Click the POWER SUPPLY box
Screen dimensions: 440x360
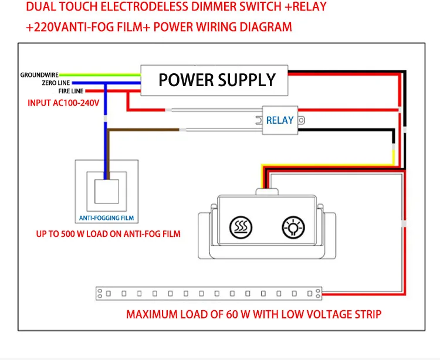214,80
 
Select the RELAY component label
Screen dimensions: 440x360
280,120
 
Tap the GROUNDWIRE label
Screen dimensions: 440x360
39,75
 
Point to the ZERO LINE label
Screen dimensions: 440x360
56,83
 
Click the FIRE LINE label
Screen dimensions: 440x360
71,91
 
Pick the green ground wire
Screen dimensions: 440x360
100,75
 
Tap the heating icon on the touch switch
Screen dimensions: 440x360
241,227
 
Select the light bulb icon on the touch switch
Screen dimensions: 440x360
293,227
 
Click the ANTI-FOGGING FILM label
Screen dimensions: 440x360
106,218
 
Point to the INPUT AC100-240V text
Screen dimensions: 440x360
63,103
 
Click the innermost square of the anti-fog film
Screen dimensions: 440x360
107,192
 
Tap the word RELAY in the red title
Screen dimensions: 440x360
310,6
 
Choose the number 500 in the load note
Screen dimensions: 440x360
67,234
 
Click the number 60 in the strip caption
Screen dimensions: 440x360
232,314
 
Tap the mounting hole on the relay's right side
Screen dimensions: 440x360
302,120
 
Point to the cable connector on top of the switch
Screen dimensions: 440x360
267,192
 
